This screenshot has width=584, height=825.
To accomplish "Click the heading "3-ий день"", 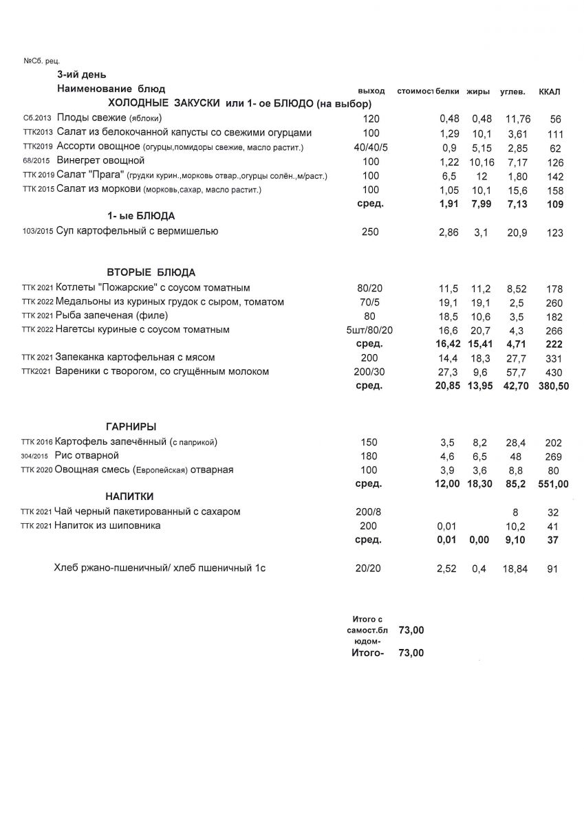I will pyautogui.click(x=81, y=74).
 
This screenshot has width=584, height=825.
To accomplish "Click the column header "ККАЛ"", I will pyautogui.click(x=549, y=91).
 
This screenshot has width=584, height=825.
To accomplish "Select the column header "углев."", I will pyautogui.click(x=512, y=91).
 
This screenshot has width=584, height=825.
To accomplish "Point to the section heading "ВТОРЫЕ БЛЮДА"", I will pyautogui.click(x=151, y=272).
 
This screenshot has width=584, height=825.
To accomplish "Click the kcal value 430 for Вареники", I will pyautogui.click(x=553, y=372).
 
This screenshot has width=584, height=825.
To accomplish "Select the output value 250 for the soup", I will pyautogui.click(x=370, y=232).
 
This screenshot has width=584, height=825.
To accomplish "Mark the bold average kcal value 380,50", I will pyautogui.click(x=553, y=386).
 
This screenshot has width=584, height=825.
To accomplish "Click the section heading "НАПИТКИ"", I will pyautogui.click(x=129, y=496).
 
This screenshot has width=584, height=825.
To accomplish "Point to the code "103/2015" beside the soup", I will pyautogui.click(x=38, y=232).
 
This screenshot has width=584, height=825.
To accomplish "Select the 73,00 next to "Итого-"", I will pyautogui.click(x=411, y=652).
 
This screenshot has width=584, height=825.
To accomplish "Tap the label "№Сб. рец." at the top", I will pyautogui.click(x=42, y=61).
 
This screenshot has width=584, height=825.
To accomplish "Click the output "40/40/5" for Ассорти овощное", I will pyautogui.click(x=370, y=147).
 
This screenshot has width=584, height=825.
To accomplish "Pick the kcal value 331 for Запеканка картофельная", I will pyautogui.click(x=553, y=358).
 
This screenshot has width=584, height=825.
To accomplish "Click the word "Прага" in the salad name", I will pyautogui.click(x=102, y=175).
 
